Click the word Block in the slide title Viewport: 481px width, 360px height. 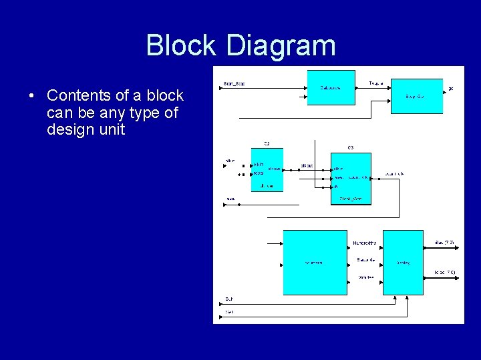(181, 45)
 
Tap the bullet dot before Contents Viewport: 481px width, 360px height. (32, 96)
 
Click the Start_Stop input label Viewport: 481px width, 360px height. (233, 84)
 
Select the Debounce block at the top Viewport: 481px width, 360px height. (331, 87)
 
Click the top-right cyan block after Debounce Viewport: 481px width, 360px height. (416, 97)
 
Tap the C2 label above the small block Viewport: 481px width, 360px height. (267, 144)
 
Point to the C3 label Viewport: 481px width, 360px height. (350, 147)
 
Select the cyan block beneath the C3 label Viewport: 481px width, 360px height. (351, 178)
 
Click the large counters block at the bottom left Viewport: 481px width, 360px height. (315, 262)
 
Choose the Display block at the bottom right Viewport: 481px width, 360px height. (402, 262)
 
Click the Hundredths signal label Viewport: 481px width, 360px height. (365, 243)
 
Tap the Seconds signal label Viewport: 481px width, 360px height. (365, 259)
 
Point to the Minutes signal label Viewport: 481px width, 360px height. (365, 276)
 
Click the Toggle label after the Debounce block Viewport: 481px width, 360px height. (376, 84)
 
